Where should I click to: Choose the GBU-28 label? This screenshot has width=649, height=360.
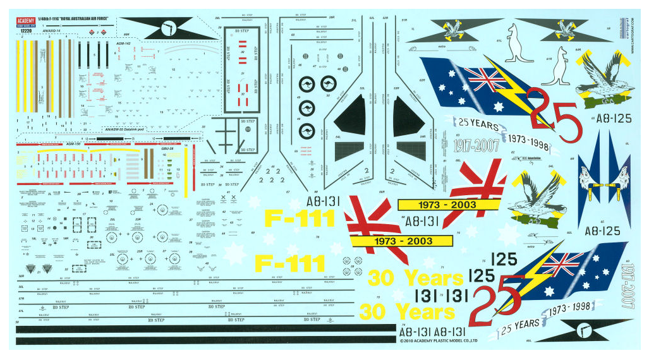pyautogui.click(x=167, y=148)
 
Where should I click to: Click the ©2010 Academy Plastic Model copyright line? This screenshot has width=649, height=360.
pyautogui.click(x=438, y=340)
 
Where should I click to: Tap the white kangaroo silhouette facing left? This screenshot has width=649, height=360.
pyautogui.click(x=518, y=44)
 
